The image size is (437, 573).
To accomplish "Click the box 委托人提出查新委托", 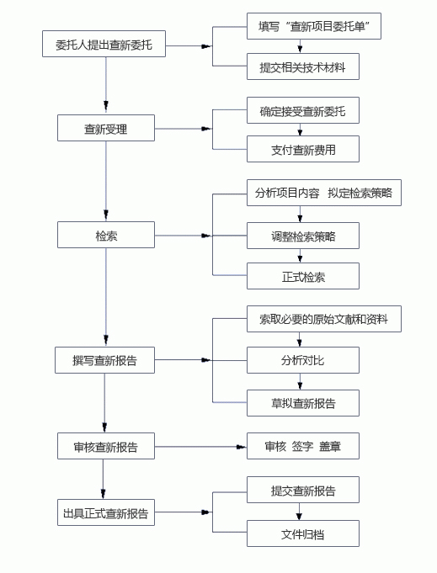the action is (x=104, y=44).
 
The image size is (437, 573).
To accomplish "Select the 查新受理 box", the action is (x=106, y=128).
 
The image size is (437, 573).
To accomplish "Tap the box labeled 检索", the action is (x=106, y=235).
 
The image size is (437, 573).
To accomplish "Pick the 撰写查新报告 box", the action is (x=105, y=360).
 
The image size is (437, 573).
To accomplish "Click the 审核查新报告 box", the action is (x=106, y=446).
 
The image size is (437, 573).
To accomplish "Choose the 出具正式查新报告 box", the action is (x=106, y=512).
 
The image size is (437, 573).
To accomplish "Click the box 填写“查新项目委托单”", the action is (x=314, y=26).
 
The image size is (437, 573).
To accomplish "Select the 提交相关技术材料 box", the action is (x=303, y=66).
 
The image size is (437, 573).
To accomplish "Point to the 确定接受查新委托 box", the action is (x=303, y=110).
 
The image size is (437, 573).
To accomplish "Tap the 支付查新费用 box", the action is (x=303, y=149).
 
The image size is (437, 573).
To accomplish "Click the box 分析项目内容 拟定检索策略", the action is (x=324, y=193).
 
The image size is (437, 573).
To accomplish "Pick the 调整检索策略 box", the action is (x=303, y=236).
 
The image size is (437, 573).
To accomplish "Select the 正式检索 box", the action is (x=303, y=276).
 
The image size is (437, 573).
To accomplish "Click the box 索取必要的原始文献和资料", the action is (x=324, y=319).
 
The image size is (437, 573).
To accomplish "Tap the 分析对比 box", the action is (x=303, y=360).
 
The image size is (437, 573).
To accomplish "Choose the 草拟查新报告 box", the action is (x=303, y=403).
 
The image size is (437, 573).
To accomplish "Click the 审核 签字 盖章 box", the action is (x=303, y=446).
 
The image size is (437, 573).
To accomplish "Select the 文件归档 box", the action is (x=303, y=533).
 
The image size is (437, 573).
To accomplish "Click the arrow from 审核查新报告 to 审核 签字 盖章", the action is (x=200, y=447).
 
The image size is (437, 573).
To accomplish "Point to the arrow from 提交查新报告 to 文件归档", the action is (x=300, y=512).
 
